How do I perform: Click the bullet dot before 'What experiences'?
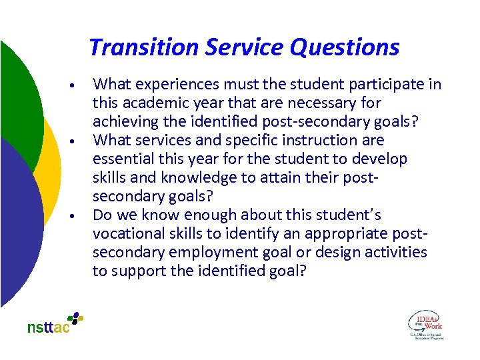click(x=79, y=86)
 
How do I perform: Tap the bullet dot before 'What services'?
click(x=79, y=142)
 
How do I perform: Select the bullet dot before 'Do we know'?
click(x=79, y=217)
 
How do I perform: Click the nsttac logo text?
click(x=48, y=327)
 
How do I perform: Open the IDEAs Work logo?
click(x=425, y=325)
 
